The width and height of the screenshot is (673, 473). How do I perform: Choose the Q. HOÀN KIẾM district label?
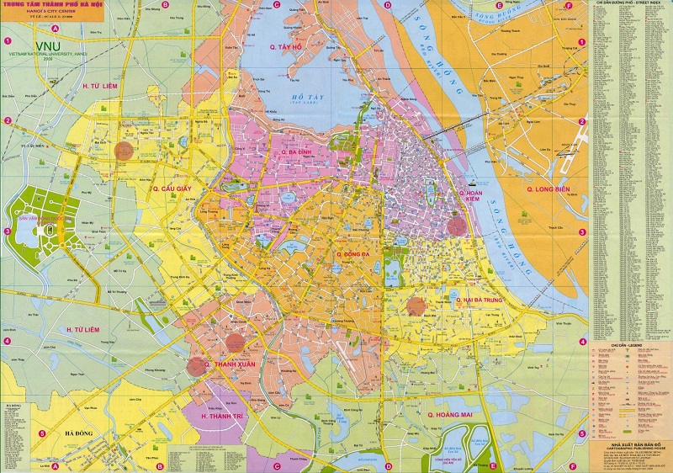pyautogui.click(x=470, y=199)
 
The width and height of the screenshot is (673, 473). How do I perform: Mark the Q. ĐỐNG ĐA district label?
pyautogui.click(x=353, y=253)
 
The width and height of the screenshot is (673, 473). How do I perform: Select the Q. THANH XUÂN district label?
pyautogui.click(x=230, y=365)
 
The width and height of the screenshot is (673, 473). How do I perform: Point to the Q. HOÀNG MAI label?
pyautogui.click(x=454, y=415)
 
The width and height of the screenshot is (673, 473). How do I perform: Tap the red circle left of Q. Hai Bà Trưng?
pyautogui.click(x=416, y=306)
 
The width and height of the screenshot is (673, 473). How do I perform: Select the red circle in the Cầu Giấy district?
pyautogui.click(x=124, y=151)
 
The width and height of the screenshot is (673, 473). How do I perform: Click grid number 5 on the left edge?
pyautogui.click(x=6, y=433)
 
